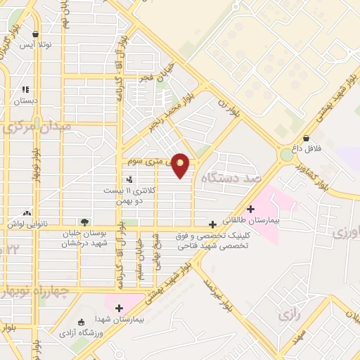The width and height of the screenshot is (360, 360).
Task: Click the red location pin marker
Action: (181, 165)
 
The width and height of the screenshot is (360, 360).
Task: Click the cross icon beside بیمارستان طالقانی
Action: (251, 208)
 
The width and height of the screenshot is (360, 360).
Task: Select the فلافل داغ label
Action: (307, 150)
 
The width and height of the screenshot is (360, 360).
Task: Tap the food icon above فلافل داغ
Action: (306, 139)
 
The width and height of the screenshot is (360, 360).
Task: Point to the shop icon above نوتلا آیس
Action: (35, 34)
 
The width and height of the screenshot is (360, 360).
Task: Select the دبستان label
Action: (25, 101)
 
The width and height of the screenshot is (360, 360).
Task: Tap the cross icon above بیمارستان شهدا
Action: (119, 308)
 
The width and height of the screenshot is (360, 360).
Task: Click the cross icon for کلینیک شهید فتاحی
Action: (212, 224)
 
